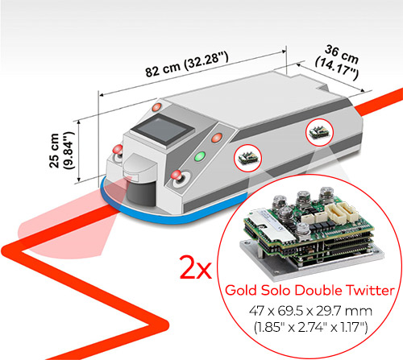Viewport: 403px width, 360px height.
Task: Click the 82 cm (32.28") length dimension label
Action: coord(187,64)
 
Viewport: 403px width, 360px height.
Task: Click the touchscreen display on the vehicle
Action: coord(163,130)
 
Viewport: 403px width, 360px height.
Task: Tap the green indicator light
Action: coord(200,156)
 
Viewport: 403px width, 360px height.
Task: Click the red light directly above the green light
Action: coord(217,138)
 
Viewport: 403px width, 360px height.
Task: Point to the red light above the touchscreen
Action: coord(156,107)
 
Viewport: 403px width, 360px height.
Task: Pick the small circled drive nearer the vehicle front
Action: coord(247,158)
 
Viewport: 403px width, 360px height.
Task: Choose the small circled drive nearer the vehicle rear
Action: coord(319,132)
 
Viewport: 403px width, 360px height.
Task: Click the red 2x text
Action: coord(195,267)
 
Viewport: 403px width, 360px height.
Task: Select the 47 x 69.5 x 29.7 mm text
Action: coord(310,312)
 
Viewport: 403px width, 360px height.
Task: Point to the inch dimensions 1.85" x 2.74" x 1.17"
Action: coord(310,328)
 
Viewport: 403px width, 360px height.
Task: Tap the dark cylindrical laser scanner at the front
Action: coord(141,192)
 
